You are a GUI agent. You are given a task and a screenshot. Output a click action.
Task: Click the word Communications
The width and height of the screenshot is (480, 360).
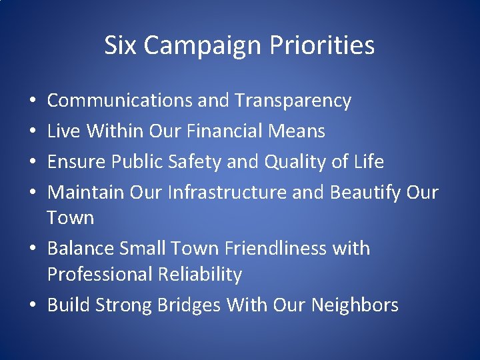[121, 101]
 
